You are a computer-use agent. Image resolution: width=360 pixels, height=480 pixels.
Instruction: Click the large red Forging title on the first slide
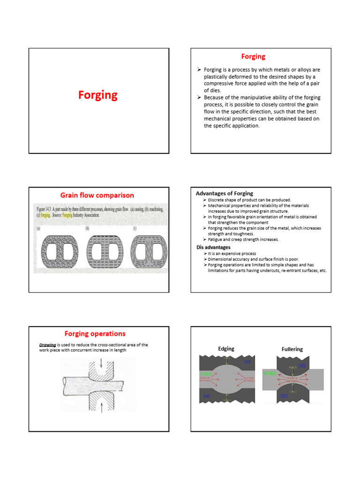click(x=97, y=95)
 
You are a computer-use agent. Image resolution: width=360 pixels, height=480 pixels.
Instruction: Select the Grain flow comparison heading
click(x=97, y=195)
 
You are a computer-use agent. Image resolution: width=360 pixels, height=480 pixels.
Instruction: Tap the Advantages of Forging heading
click(x=224, y=193)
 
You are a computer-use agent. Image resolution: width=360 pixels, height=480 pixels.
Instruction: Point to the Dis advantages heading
click(x=213, y=247)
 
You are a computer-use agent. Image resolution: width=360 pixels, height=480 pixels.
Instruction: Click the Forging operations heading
click(x=95, y=334)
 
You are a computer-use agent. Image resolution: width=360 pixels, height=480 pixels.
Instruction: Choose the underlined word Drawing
click(x=47, y=345)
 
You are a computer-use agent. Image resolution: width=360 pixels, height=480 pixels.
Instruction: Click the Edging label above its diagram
click(x=226, y=349)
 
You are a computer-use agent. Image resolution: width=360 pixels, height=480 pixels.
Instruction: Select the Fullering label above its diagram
click(x=292, y=349)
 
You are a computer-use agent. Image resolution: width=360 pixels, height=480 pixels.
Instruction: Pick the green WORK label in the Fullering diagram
click(x=270, y=374)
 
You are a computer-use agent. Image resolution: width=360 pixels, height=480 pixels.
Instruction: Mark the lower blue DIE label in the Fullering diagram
click(x=284, y=396)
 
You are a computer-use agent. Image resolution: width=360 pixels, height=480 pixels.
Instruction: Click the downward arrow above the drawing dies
click(x=102, y=363)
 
